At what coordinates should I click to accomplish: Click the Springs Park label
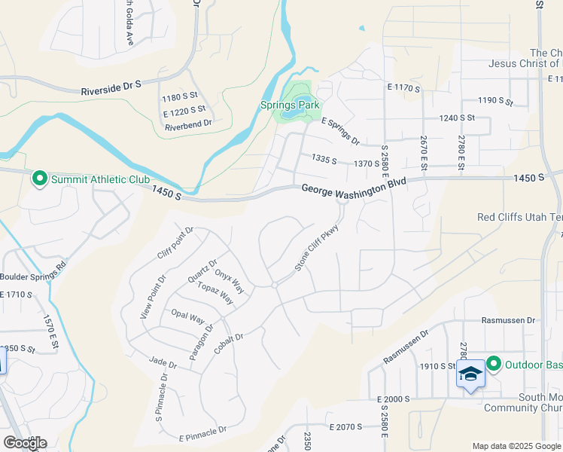[290, 105]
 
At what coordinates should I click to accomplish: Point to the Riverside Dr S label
[111, 88]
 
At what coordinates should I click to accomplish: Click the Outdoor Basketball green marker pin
[494, 365]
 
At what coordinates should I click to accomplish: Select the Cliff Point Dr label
[176, 243]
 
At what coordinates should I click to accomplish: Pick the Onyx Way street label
[229, 282]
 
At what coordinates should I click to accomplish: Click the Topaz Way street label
[216, 294]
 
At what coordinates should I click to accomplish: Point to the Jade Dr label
[163, 364]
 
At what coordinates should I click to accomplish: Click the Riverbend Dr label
[188, 122]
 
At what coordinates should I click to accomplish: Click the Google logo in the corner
[24, 443]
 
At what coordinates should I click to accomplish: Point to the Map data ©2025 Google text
[516, 446]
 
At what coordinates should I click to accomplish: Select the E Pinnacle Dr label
[202, 434]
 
